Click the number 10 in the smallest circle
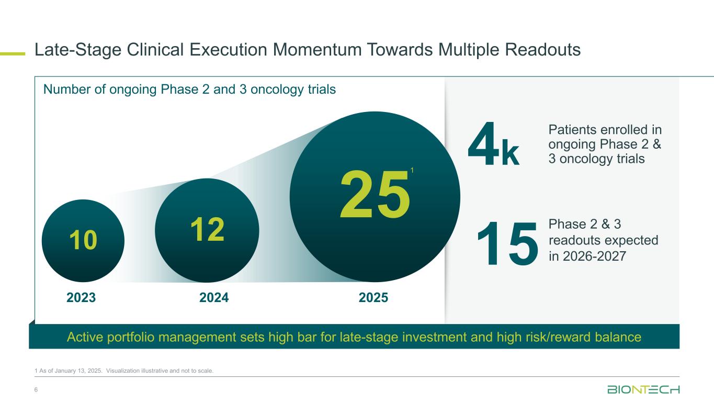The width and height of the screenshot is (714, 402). click(x=83, y=240)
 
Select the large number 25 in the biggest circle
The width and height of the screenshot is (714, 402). click(x=375, y=194)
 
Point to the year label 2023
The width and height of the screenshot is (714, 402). click(x=81, y=297)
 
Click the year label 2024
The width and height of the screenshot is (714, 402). click(x=214, y=297)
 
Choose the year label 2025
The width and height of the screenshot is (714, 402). click(x=373, y=297)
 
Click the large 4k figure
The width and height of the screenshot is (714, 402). click(x=493, y=144)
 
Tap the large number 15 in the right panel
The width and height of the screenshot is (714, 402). click(x=507, y=243)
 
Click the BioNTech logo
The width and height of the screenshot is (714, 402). click(x=643, y=389)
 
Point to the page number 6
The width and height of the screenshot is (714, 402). click(x=36, y=389)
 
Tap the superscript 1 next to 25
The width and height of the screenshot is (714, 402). click(x=412, y=170)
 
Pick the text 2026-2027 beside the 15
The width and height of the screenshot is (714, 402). click(x=594, y=256)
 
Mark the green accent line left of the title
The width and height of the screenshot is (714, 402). click(x=13, y=54)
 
